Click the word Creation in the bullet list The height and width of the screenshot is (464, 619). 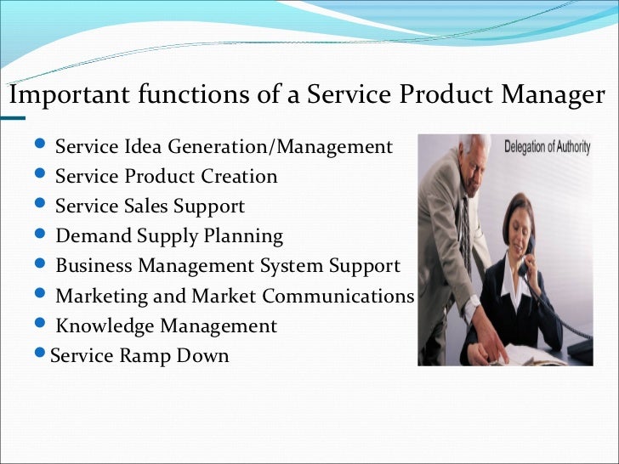240,177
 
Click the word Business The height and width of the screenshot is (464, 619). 94,266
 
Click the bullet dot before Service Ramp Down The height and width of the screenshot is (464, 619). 43,354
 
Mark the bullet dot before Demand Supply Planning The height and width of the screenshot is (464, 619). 43,235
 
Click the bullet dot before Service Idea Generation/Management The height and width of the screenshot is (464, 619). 43,145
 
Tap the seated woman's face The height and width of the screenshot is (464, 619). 516,224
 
